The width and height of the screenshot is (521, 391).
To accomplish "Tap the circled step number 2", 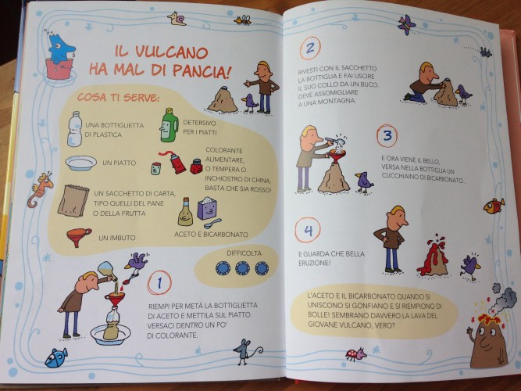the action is [x=310, y=48].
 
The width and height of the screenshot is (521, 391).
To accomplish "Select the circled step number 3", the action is [x=387, y=135].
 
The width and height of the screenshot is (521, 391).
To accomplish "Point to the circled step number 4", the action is [x=308, y=230].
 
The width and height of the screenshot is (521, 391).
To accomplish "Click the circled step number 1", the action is [x=159, y=283].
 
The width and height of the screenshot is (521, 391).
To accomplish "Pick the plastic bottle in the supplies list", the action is [x=75, y=129].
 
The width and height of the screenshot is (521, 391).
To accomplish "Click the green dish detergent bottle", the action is [x=170, y=125].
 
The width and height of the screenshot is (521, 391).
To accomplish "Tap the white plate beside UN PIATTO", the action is [x=81, y=163].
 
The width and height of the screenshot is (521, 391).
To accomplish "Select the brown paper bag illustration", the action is [x=73, y=201].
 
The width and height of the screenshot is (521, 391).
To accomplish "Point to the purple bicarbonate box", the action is [x=207, y=208].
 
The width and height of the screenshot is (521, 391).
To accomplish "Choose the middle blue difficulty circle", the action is [x=243, y=268].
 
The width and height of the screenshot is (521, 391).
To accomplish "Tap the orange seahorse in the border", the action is [x=40, y=189].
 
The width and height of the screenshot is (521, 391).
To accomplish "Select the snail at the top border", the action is [x=177, y=19].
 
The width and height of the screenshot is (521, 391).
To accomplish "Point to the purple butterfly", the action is [x=406, y=24].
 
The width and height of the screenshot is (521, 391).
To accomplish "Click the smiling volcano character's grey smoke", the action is [x=502, y=300].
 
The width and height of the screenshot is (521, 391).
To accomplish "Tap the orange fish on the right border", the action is [x=494, y=206].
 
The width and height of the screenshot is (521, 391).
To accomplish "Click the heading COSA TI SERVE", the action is [x=118, y=98].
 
